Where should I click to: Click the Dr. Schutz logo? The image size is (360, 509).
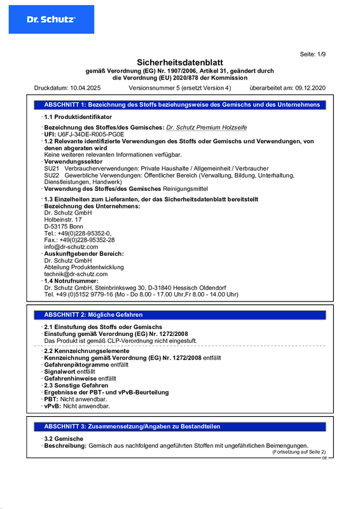click(x=51, y=20)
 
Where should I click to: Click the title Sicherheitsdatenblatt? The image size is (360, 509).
click(x=180, y=62)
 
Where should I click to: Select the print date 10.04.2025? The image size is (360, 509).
click(x=85, y=87)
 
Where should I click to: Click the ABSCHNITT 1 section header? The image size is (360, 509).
click(x=181, y=104)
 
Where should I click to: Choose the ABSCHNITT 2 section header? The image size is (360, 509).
click(x=93, y=315)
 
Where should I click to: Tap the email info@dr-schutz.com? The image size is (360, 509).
click(x=67, y=247)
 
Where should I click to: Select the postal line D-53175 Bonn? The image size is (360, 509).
click(x=64, y=227)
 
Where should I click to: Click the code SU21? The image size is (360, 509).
click(x=52, y=168)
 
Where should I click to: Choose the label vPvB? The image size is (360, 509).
click(x=52, y=405)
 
